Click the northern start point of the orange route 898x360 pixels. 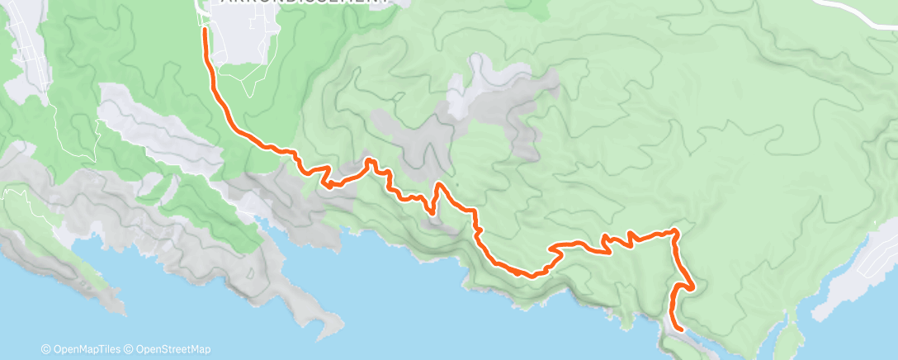pyautogui.click(x=205, y=31)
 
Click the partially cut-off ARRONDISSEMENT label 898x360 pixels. pyautogui.click(x=305, y=3)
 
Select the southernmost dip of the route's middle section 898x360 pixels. pyautogui.click(x=532, y=274)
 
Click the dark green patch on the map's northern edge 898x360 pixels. pyautogui.click(x=536, y=8)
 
